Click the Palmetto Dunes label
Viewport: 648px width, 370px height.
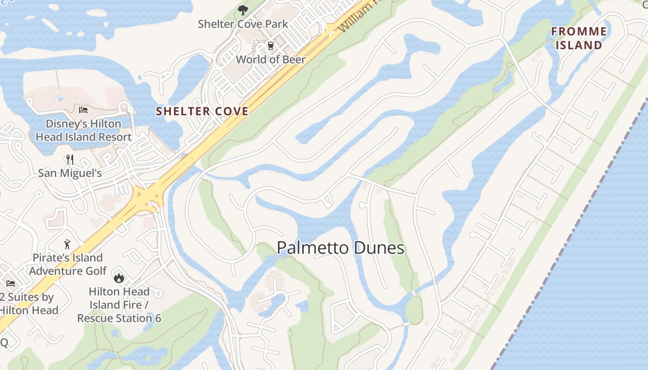(341, 248)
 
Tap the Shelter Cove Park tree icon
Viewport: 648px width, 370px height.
(243, 10)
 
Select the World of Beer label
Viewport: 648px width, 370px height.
(271, 60)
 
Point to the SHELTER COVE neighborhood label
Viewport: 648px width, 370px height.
(202, 111)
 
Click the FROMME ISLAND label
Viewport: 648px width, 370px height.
(579, 38)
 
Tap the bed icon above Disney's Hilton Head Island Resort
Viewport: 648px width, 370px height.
(83, 110)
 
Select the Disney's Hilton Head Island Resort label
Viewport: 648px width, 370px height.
(83, 130)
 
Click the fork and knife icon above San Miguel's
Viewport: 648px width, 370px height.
(70, 160)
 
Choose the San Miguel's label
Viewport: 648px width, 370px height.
(70, 173)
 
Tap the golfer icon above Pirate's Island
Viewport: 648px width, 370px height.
(68, 244)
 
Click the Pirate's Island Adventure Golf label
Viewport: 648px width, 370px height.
(68, 264)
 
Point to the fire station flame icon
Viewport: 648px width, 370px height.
(119, 278)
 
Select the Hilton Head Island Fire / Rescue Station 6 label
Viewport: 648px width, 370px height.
(119, 305)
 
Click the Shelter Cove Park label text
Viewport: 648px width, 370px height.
(243, 24)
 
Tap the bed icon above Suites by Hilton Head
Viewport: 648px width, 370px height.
(11, 284)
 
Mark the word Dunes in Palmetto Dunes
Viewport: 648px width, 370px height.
(379, 248)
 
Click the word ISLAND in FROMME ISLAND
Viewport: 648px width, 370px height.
(579, 45)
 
